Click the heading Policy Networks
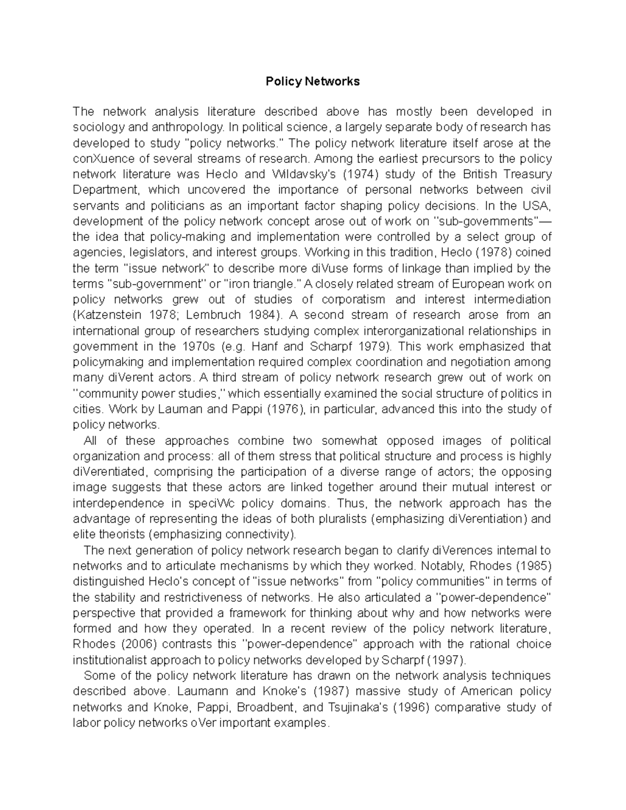(x=312, y=81)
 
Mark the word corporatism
(x=353, y=299)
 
